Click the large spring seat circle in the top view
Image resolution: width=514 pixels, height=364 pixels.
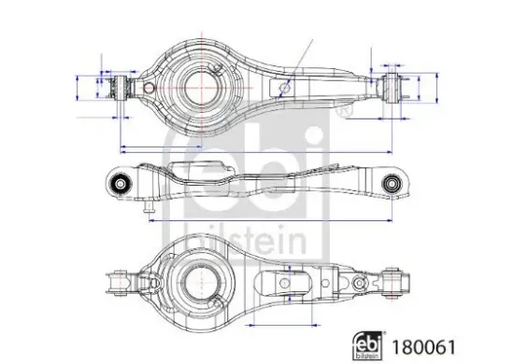pos(201,85)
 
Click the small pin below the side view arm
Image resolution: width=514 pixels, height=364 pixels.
pos(147,212)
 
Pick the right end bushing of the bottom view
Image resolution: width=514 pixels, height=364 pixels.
pos(394,277)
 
